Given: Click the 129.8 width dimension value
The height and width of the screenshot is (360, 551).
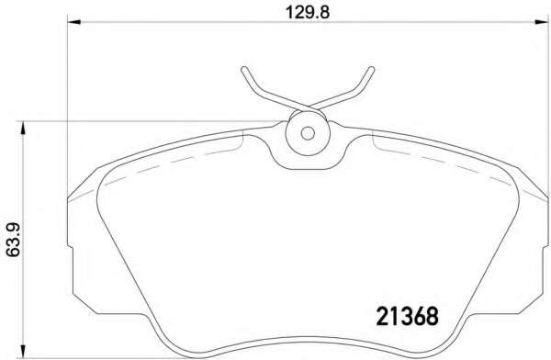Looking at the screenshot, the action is tap(307, 13).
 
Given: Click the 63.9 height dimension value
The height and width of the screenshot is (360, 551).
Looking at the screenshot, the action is tap(14, 240).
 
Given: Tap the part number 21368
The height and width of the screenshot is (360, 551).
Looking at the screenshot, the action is tap(408, 316).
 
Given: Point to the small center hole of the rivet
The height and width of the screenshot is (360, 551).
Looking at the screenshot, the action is tap(308, 133).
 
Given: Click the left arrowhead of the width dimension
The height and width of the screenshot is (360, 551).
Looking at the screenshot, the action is tap(73, 22).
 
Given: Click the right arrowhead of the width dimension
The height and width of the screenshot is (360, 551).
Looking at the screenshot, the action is tap(541, 22).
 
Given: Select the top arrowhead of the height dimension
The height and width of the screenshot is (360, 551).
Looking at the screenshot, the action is tap(23, 128).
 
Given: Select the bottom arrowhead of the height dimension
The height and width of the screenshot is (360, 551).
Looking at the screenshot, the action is tap(23, 352).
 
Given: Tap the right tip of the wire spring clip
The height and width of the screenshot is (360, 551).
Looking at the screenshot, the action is tap(372, 69).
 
